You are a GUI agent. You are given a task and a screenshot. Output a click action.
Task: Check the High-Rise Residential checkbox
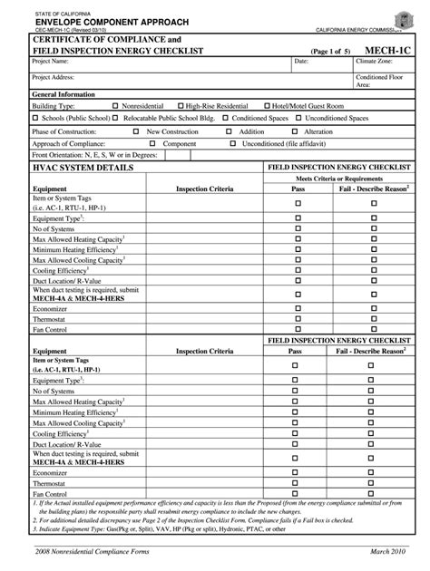pyautogui.click(x=181, y=106)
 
